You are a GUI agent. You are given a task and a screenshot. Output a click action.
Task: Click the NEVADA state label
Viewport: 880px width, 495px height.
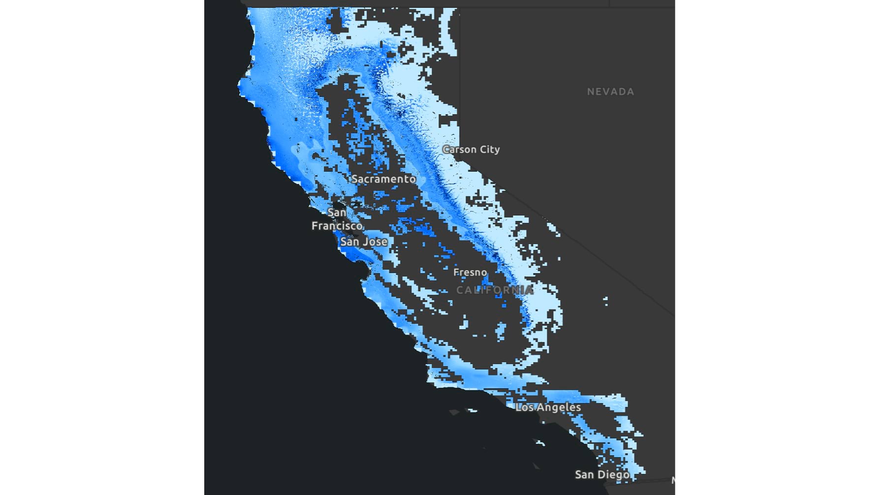coord(610,92)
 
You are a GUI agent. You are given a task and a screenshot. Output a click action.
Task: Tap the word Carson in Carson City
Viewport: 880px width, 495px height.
coord(459,149)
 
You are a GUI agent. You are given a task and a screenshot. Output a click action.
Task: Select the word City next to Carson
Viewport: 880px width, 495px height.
coord(490,149)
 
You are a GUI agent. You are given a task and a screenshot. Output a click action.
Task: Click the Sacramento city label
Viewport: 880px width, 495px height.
coord(383,179)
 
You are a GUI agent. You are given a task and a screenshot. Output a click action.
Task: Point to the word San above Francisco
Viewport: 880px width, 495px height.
coord(337,213)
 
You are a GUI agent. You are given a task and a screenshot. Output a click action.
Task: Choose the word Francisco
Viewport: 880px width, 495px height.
coord(337,226)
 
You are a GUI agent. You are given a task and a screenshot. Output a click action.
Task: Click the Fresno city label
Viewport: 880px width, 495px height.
coord(470,272)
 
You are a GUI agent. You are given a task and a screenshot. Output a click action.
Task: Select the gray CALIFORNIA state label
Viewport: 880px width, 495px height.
coord(494,290)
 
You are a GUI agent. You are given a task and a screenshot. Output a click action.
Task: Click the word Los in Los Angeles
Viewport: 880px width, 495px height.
coord(525,407)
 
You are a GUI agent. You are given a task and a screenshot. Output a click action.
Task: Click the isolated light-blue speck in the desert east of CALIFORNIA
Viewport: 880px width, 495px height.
coord(605,300)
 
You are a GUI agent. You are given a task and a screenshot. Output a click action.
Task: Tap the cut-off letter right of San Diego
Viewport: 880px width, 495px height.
coord(673,480)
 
